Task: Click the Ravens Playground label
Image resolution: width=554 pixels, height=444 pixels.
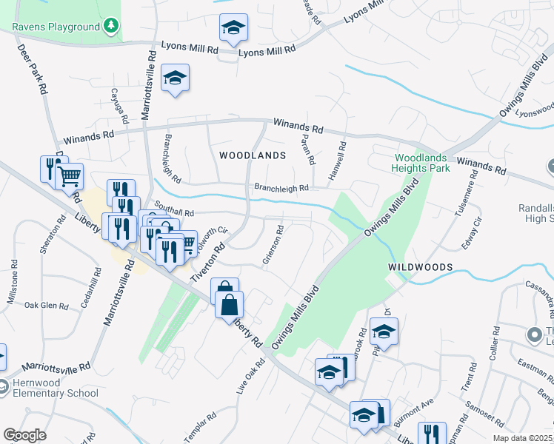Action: coord(56,27)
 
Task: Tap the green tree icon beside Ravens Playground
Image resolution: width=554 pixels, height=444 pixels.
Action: coord(111,27)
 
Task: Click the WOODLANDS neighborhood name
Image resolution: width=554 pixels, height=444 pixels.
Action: coord(253,155)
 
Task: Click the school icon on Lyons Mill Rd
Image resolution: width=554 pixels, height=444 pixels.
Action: coord(234,28)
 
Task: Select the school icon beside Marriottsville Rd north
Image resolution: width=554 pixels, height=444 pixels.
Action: coord(175,78)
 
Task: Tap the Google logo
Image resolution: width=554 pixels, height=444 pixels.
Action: coord(24,434)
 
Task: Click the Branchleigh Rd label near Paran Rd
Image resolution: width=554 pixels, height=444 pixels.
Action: coord(281,189)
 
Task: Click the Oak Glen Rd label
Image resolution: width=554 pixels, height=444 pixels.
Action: coord(46,305)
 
